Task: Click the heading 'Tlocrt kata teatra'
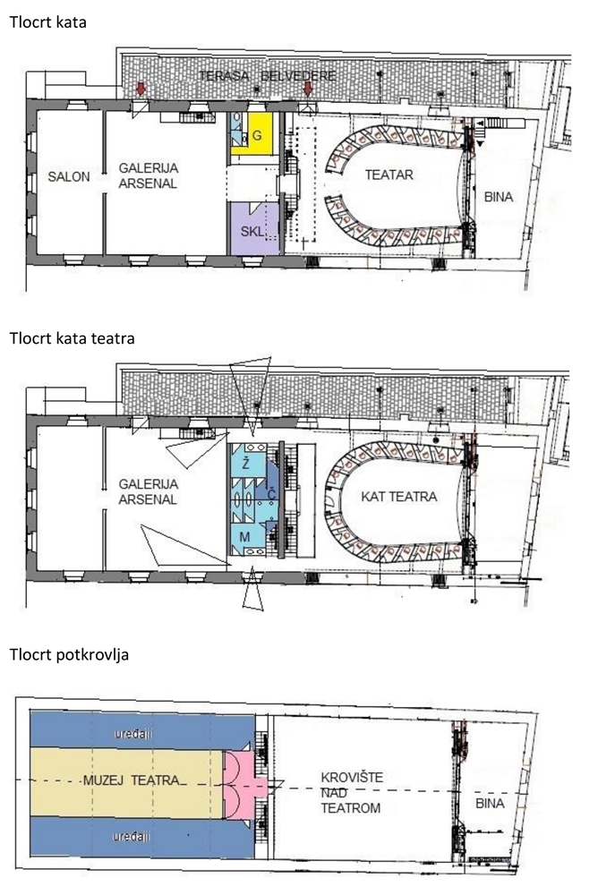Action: (72, 338)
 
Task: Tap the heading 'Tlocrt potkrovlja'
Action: (69, 654)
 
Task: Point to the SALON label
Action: (69, 176)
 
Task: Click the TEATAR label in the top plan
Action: (389, 175)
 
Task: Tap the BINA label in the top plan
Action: (498, 198)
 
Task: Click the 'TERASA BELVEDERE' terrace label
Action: (268, 75)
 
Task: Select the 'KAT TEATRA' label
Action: (398, 497)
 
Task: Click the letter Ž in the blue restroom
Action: (245, 463)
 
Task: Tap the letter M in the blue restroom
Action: (244, 536)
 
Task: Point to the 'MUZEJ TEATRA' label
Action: (132, 780)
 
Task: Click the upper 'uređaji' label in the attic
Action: (133, 734)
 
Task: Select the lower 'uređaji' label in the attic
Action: (132, 837)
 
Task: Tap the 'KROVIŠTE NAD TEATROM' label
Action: (352, 793)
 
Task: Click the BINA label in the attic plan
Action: (490, 803)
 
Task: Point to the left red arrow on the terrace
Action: (141, 89)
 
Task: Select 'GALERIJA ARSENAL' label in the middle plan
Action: (149, 491)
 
